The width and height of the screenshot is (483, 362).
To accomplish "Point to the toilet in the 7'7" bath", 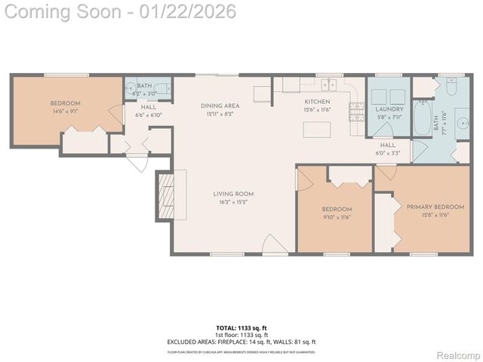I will [450, 89].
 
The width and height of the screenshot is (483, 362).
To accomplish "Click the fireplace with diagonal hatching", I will [167, 195].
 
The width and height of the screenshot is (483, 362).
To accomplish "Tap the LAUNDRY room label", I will [389, 109].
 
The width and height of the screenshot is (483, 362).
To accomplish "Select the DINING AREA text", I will [220, 106].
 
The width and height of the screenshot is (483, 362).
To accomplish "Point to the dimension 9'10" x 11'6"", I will [337, 217].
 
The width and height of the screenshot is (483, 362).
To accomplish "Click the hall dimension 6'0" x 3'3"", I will [388, 153].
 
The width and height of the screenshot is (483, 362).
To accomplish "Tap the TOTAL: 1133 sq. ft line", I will [241, 328].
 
